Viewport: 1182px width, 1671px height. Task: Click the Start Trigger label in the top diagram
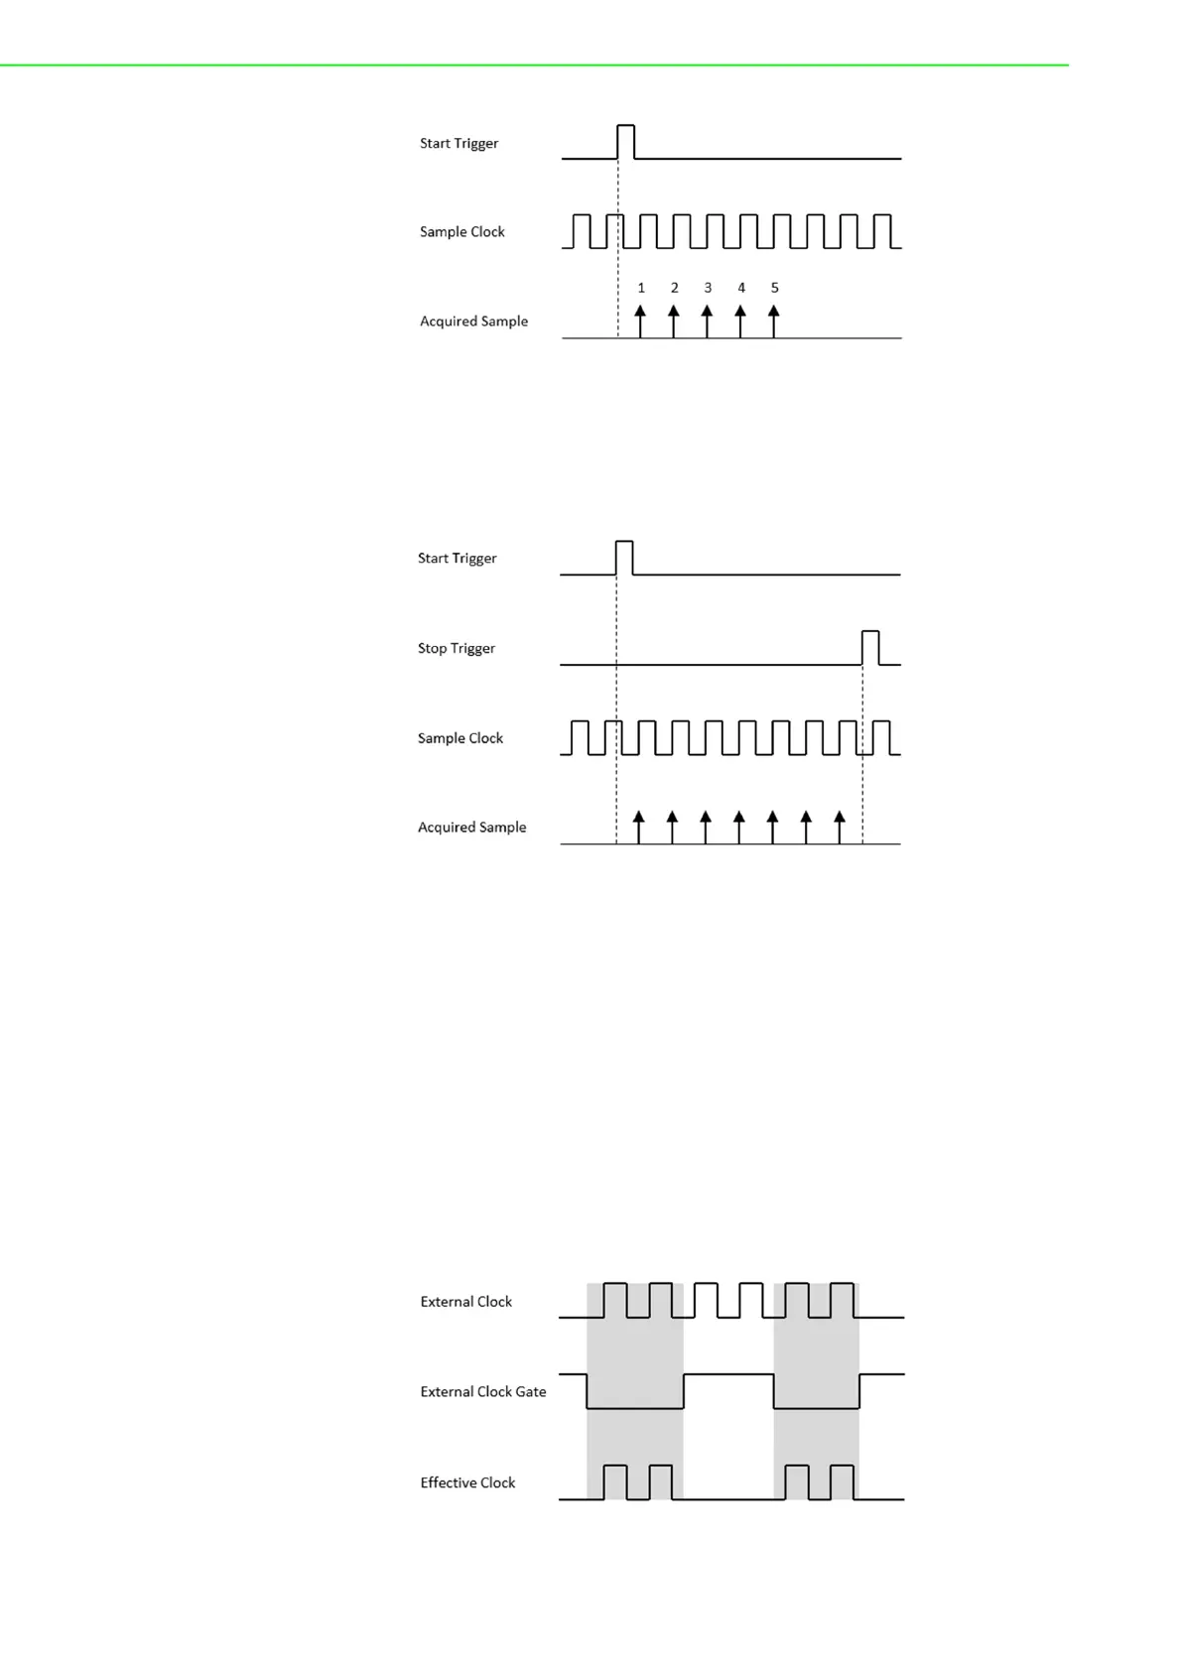tap(459, 143)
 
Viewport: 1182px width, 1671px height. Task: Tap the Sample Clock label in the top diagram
tap(461, 231)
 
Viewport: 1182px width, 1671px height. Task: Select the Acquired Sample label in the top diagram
tap(473, 321)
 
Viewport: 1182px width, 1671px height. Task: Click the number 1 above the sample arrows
tap(641, 288)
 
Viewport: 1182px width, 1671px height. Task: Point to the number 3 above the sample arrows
tap(708, 288)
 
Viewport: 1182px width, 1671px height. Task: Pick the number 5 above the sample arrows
tap(775, 288)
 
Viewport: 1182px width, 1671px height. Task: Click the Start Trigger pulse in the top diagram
tap(626, 141)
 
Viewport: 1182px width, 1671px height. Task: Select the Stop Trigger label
tap(456, 648)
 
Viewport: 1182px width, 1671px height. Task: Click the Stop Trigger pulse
tap(870, 647)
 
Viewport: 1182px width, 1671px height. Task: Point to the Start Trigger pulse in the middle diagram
tap(624, 557)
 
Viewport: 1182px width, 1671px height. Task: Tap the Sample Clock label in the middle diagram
tap(460, 737)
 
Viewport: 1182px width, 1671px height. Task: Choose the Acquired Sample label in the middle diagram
tap(471, 827)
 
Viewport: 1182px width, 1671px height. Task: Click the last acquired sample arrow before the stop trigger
tap(840, 827)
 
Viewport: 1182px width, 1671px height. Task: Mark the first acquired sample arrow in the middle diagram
tap(639, 827)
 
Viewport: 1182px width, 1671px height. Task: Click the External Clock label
tap(465, 1301)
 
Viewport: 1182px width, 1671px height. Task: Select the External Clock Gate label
tap(482, 1391)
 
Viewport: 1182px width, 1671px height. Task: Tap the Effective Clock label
tap(467, 1482)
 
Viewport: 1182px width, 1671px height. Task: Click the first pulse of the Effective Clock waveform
tap(615, 1480)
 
